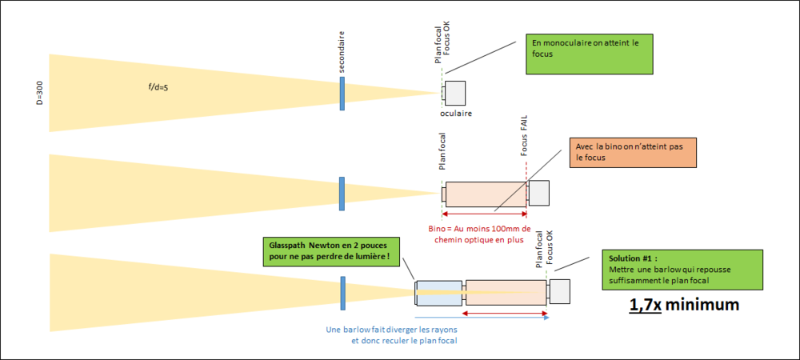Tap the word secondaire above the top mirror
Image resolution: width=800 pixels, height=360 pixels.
[x=342, y=53]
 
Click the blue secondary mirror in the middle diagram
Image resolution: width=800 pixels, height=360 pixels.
[x=342, y=194]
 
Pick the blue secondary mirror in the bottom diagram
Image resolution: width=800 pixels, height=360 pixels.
[x=342, y=292]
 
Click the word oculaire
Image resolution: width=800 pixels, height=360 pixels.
[x=457, y=114]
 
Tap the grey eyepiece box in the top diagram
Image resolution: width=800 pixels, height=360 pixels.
[x=455, y=93]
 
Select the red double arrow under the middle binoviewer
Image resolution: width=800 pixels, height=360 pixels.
[x=484, y=214]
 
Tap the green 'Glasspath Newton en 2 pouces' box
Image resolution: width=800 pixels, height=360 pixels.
[x=331, y=250]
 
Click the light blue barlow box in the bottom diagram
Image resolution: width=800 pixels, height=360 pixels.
[x=438, y=292]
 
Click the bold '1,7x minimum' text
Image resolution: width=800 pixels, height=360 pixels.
[x=682, y=305]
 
